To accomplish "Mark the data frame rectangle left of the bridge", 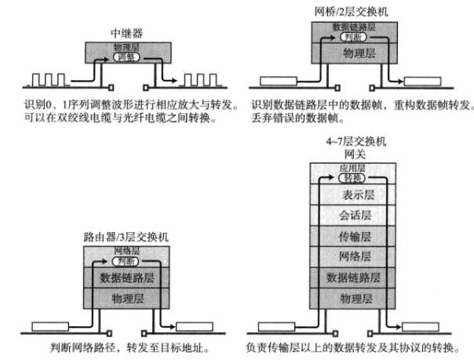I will point(275,79).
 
